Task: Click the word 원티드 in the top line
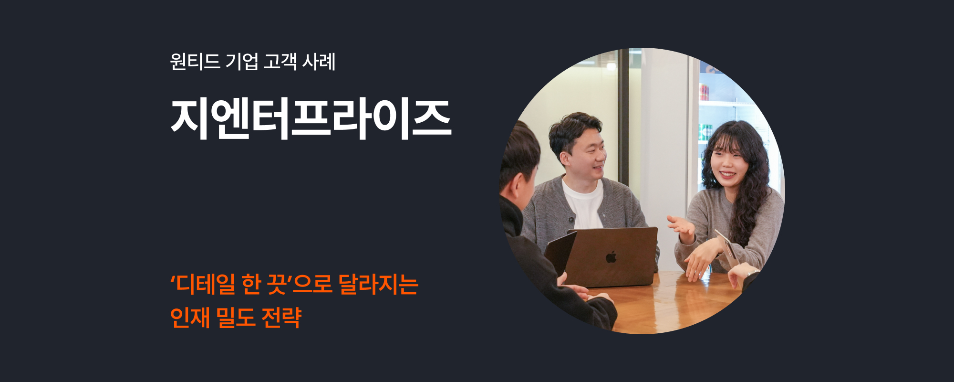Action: (x=195, y=62)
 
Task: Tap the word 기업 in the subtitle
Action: (x=242, y=62)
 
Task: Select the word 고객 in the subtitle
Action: (x=280, y=62)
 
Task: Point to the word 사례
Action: (x=319, y=62)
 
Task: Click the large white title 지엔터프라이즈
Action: (x=311, y=119)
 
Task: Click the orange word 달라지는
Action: (x=378, y=284)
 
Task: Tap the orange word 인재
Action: (x=190, y=318)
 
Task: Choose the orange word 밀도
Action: (x=236, y=318)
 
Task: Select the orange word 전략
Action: (x=281, y=318)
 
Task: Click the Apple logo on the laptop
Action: (x=611, y=257)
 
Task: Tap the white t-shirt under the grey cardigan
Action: (x=583, y=203)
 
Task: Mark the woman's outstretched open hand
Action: (x=681, y=225)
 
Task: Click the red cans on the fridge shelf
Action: (x=704, y=92)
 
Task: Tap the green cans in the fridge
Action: (x=705, y=132)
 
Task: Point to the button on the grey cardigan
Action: (x=571, y=220)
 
